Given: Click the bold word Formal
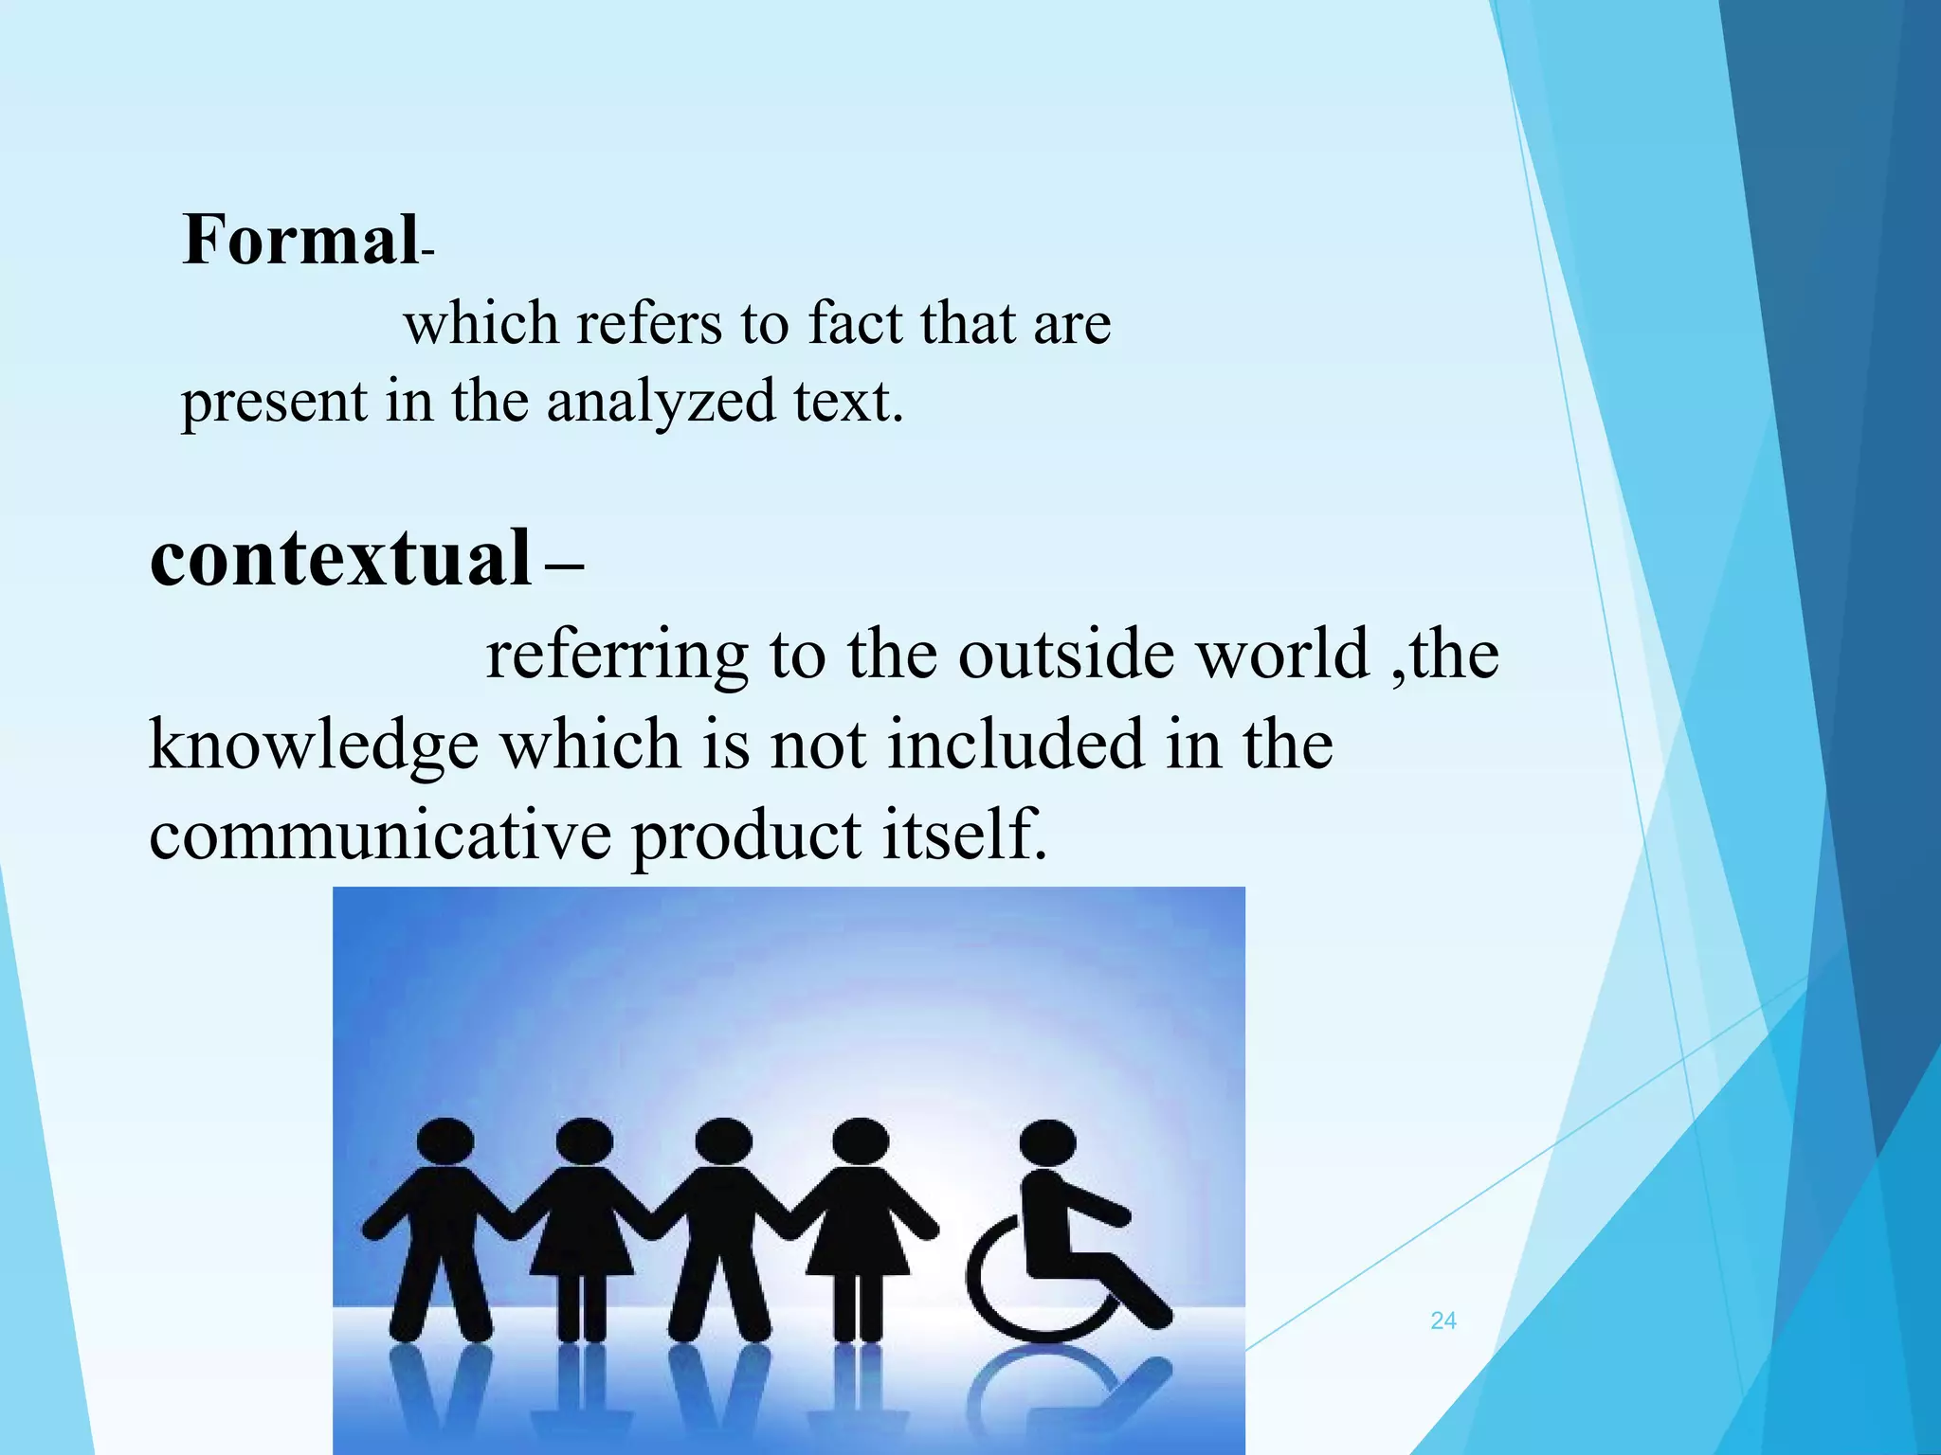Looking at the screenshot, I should tap(299, 240).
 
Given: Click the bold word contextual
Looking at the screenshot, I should tap(341, 558).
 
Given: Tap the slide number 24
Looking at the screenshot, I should tap(1442, 1320).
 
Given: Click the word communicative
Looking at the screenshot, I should tap(379, 835).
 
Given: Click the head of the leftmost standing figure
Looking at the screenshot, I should tap(444, 1141).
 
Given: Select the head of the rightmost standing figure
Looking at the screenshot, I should tap(860, 1141).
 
